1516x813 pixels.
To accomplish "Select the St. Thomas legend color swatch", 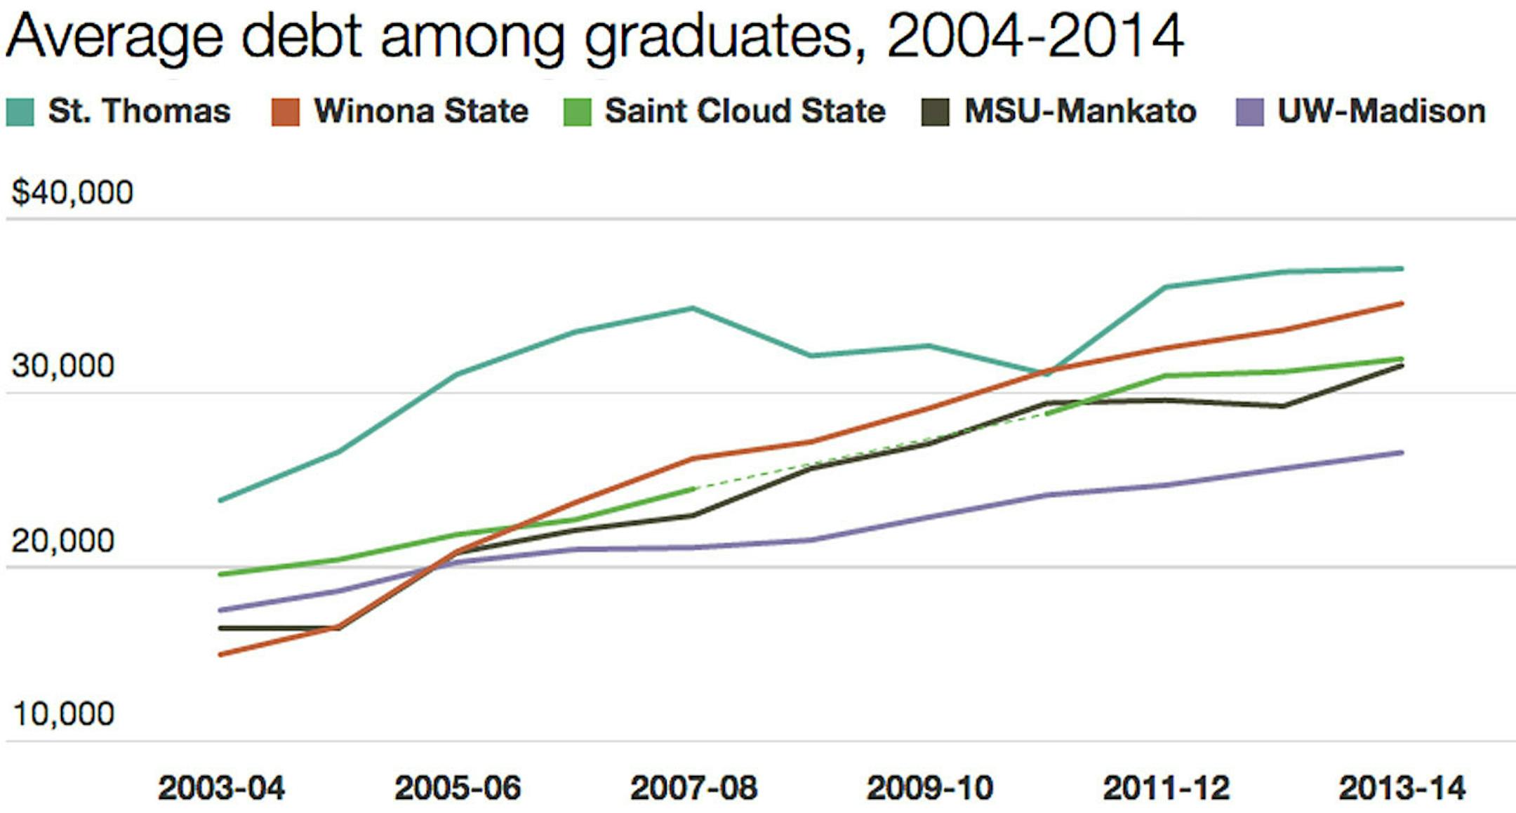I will [20, 112].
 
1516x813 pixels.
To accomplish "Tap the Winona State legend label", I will [421, 111].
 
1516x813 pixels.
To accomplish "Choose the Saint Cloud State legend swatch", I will [577, 112].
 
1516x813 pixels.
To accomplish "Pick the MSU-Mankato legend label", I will [1080, 111].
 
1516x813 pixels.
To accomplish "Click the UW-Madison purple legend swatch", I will [1249, 112].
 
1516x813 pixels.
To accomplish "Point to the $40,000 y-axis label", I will [72, 192].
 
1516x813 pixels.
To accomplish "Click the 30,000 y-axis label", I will [63, 366].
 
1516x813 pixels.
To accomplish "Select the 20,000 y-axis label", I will [63, 541].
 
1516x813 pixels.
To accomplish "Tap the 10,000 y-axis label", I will [63, 714].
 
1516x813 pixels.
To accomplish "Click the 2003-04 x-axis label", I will [221, 788].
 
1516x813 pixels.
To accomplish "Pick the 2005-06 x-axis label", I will [458, 788].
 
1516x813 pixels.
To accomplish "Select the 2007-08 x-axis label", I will [693, 788].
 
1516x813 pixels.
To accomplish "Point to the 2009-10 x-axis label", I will [930, 788].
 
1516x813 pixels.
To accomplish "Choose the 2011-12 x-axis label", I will [1166, 788].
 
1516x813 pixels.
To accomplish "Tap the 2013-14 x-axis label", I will [1402, 788].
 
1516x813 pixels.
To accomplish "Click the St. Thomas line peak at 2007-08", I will [693, 308].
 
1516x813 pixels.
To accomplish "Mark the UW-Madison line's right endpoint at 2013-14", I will [1402, 452].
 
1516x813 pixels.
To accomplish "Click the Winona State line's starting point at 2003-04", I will [221, 654].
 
